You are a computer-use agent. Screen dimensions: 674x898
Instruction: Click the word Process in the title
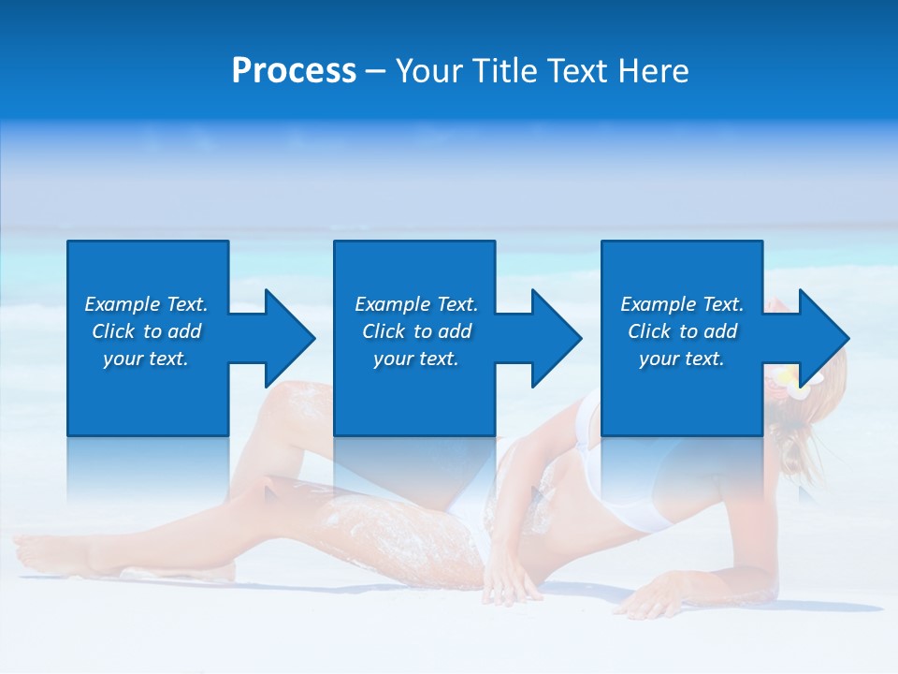[294, 71]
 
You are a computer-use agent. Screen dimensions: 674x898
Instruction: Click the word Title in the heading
[508, 71]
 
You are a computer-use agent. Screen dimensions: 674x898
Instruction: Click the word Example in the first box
[122, 304]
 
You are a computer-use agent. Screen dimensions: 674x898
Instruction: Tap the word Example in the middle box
[392, 304]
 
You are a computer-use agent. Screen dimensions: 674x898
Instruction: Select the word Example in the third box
[658, 304]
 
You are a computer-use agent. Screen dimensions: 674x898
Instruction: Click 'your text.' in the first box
[146, 359]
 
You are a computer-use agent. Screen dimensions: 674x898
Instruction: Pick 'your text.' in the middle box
[416, 359]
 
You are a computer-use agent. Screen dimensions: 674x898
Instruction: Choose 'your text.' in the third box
[682, 359]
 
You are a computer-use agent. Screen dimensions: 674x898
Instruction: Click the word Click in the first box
[113, 331]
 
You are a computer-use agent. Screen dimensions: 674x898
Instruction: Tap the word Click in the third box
[649, 331]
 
